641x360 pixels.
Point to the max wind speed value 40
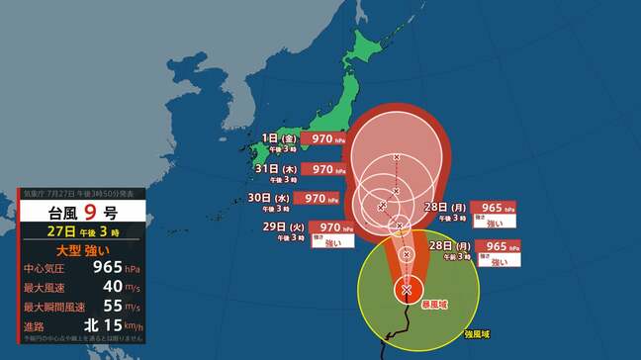[x=114, y=287]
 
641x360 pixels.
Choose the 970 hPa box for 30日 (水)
[x=320, y=198]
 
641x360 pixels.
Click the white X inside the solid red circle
[x=407, y=290]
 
